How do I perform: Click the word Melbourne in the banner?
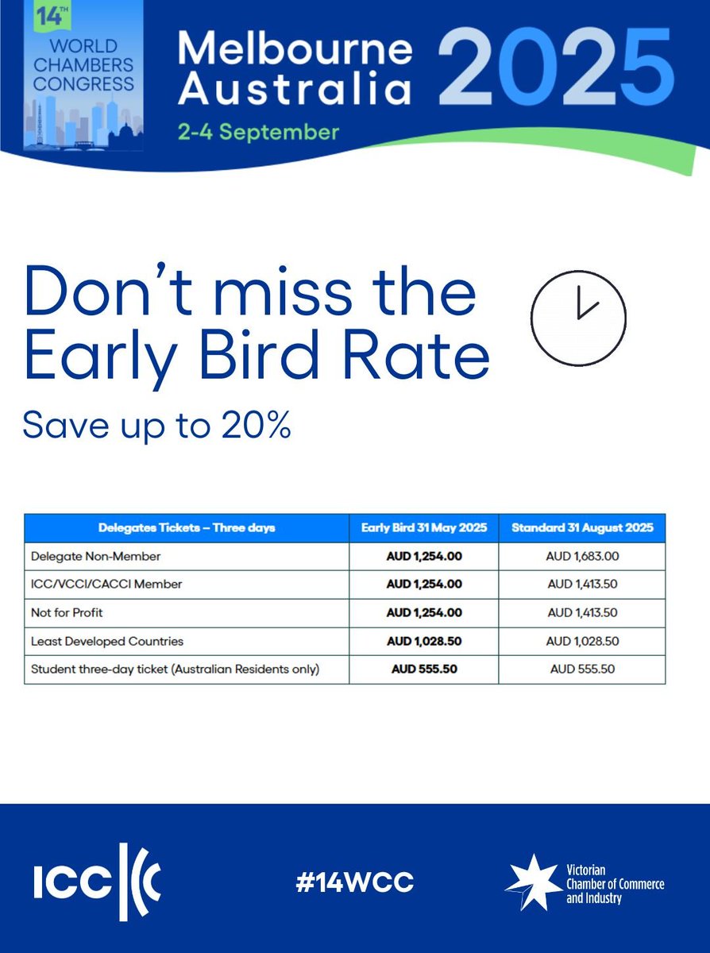tap(295, 48)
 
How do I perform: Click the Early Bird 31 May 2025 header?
tap(424, 527)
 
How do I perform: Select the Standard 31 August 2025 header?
tap(582, 527)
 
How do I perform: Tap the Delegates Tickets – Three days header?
tap(187, 527)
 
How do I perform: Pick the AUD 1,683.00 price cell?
tap(582, 556)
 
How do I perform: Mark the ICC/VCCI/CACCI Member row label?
tap(106, 584)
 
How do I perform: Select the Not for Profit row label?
tap(68, 612)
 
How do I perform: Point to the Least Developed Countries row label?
tap(107, 641)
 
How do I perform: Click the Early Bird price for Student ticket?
tap(424, 669)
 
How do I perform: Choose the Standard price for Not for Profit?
tap(582, 612)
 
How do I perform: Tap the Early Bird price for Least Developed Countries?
tap(424, 641)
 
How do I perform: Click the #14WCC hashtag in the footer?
tap(355, 882)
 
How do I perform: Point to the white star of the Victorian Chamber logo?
tap(531, 882)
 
